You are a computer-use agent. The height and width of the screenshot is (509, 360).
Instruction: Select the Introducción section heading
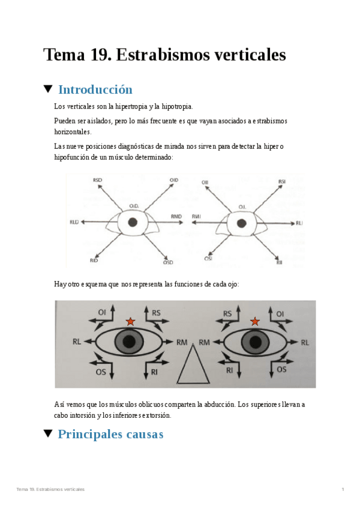[95, 90]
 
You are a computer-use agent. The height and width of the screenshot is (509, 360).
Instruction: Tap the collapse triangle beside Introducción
[48, 89]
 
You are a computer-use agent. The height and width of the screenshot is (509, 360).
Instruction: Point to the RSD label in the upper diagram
[98, 179]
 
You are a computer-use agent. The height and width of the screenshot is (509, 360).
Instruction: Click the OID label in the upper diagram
[174, 179]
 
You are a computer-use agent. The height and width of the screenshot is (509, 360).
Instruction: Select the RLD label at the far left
[74, 222]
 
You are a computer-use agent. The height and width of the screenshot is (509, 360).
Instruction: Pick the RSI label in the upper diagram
[281, 181]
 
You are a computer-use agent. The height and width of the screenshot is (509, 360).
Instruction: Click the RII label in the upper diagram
[279, 262]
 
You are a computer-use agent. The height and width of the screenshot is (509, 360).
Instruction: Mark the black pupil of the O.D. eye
[133, 222]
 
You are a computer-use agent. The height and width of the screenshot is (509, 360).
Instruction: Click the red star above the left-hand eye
[130, 322]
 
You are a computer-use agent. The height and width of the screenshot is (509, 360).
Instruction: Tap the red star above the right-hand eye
[254, 322]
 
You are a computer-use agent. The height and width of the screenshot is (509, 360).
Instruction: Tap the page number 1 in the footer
[343, 490]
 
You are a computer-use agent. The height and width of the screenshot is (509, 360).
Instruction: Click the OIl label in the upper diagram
[205, 181]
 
